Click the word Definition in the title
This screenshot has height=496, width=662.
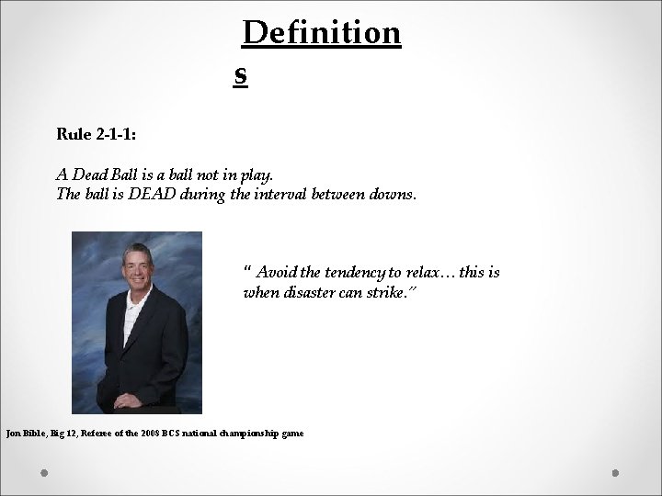coord(322,33)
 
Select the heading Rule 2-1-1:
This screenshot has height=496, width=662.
coord(97,134)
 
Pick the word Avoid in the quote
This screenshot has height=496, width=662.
coord(275,273)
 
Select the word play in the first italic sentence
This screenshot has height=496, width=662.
coord(257,174)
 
